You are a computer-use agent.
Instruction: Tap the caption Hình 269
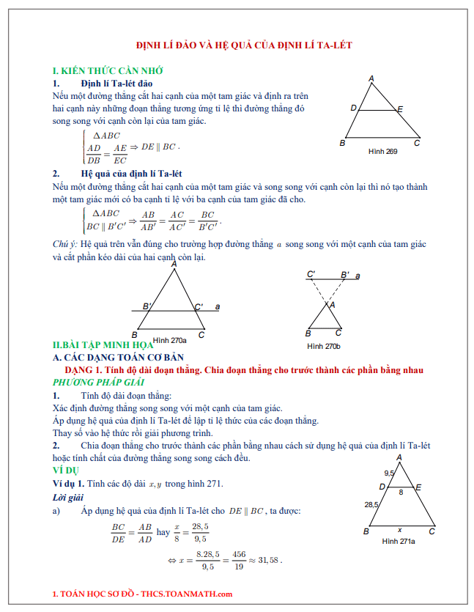tap(382, 151)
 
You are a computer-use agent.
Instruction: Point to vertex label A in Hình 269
tap(371, 78)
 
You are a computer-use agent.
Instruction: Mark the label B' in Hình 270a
tap(147, 306)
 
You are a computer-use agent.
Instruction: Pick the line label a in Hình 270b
tap(358, 276)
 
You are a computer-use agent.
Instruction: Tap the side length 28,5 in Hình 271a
tap(371, 504)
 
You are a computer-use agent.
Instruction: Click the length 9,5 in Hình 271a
tap(389, 473)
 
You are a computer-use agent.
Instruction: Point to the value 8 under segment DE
tap(400, 493)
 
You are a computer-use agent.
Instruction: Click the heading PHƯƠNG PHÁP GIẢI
tap(98, 383)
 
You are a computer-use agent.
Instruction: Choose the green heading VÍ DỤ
tap(66, 469)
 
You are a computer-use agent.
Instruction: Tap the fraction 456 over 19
tap(238, 561)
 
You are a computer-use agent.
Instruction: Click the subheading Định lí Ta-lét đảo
tap(116, 84)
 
